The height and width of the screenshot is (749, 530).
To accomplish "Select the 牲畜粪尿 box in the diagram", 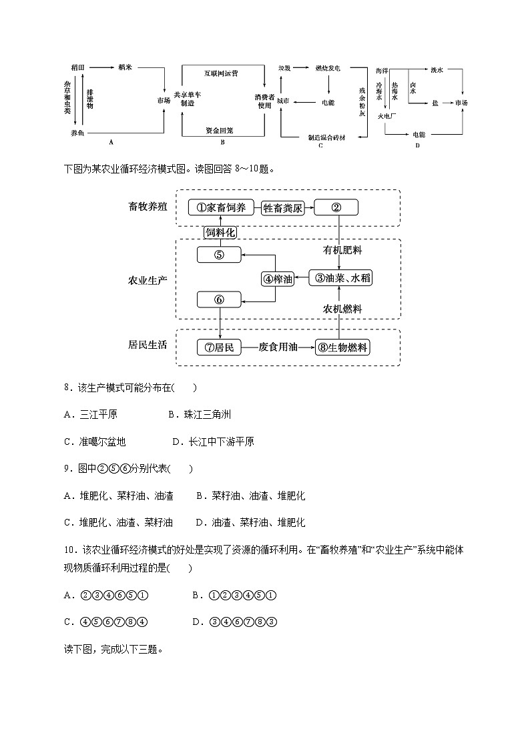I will [x=282, y=208].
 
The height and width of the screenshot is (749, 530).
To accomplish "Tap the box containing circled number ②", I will [x=336, y=208].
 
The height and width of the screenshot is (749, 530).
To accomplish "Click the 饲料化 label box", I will [x=221, y=232].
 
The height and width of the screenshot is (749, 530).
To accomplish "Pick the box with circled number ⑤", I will [x=219, y=254].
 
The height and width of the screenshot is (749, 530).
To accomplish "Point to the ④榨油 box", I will [x=278, y=279].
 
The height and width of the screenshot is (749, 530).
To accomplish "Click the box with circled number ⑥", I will [x=219, y=299].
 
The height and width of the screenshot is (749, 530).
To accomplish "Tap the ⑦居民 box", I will [x=219, y=347].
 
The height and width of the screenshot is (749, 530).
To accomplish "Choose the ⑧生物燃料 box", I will [x=343, y=347].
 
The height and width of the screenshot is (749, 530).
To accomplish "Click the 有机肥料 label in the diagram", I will [x=342, y=250].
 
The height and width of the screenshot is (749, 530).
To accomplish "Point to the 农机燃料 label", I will [x=342, y=309].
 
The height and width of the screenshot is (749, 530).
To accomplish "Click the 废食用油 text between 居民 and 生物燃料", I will [x=278, y=347].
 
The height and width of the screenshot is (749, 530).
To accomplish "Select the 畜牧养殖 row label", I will [x=148, y=207].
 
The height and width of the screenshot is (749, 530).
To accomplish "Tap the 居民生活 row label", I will [x=148, y=345].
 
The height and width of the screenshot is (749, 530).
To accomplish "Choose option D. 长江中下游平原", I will [x=213, y=442].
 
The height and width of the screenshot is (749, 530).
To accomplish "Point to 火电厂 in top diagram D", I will [x=387, y=115].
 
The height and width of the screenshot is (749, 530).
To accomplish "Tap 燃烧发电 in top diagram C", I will [x=328, y=68].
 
